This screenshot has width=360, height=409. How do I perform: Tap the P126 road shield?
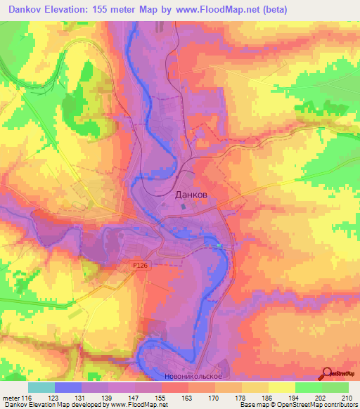point(140,266)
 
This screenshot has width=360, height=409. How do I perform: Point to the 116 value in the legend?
point(26,397)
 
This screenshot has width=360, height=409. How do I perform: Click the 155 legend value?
point(162,397)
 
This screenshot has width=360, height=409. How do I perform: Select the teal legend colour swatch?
point(41,387)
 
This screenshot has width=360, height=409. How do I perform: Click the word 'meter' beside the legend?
point(11,397)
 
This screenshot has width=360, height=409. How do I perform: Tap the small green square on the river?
point(219,245)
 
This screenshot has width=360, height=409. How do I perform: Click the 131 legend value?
point(81,397)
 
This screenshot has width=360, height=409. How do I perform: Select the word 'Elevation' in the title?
point(71,8)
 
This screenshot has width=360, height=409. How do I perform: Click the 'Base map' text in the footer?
point(250,405)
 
